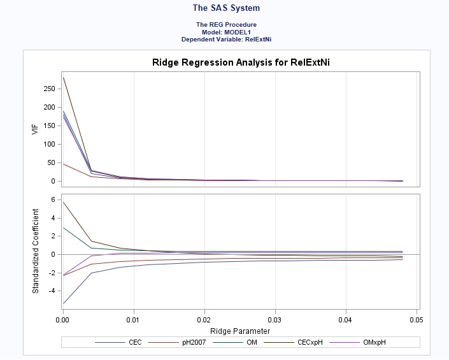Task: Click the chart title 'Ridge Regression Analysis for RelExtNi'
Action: click(240, 62)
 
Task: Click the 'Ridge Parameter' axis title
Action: click(240, 331)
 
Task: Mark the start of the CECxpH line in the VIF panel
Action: click(63, 78)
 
